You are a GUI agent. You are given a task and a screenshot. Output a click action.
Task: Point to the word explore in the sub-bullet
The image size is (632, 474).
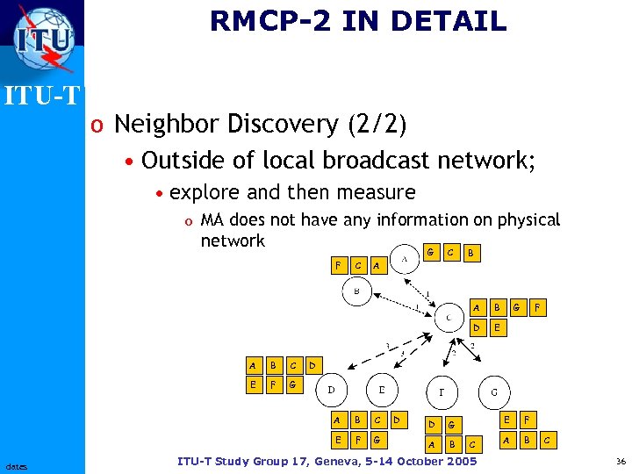tap(203, 192)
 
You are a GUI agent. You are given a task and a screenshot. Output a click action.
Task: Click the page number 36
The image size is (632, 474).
tap(621, 462)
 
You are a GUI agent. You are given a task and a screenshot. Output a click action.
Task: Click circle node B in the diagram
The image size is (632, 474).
tap(356, 291)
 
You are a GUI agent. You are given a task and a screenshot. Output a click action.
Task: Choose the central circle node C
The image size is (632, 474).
tap(449, 316)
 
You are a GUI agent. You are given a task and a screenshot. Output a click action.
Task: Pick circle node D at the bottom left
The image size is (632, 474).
tap(331, 388)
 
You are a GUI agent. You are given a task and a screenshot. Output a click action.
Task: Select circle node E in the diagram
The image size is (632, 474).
tap(382, 388)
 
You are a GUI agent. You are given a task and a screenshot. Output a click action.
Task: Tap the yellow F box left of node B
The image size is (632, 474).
tap(338, 264)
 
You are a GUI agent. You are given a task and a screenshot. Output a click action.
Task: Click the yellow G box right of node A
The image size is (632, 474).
tap(429, 252)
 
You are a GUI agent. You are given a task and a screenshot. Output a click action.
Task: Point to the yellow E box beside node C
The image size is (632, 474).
tap(497, 327)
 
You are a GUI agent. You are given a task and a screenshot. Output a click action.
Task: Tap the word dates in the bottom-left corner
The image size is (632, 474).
tap(16, 464)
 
